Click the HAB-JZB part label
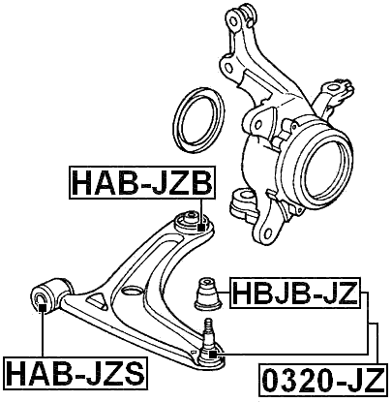click(141, 180)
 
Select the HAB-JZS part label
click(75, 372)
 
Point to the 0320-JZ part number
click(323, 376)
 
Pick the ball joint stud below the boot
click(208, 334)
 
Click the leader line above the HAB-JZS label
click(42, 334)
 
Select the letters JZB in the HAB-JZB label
click(178, 180)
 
